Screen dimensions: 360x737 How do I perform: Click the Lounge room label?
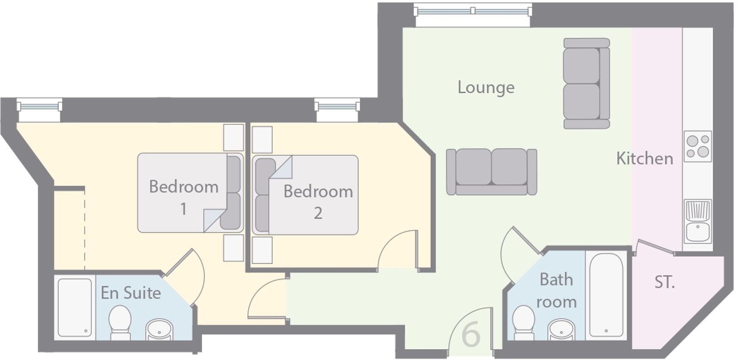click(x=486, y=87)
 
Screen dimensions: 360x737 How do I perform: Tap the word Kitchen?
click(x=644, y=159)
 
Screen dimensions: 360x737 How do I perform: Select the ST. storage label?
click(x=664, y=282)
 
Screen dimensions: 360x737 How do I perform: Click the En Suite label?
click(x=131, y=293)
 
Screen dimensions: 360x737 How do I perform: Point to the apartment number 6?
click(x=471, y=335)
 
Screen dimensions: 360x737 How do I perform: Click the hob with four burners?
click(x=698, y=146)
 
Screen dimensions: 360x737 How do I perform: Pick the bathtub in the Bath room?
click(x=606, y=295)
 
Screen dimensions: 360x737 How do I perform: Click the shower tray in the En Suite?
click(x=75, y=307)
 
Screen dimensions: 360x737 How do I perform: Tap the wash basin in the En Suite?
click(x=159, y=329)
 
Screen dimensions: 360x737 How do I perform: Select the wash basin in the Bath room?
click(x=561, y=330)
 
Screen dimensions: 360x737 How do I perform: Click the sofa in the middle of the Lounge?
click(x=491, y=172)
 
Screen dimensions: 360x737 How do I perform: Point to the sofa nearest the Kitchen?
click(x=586, y=83)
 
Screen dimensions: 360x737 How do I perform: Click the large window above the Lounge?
click(x=473, y=11)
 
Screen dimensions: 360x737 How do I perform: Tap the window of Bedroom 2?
click(x=337, y=105)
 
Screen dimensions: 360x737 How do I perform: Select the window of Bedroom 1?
click(x=39, y=105)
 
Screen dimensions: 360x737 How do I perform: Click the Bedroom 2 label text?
click(x=318, y=202)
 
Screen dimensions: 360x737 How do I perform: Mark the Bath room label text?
click(x=556, y=291)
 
